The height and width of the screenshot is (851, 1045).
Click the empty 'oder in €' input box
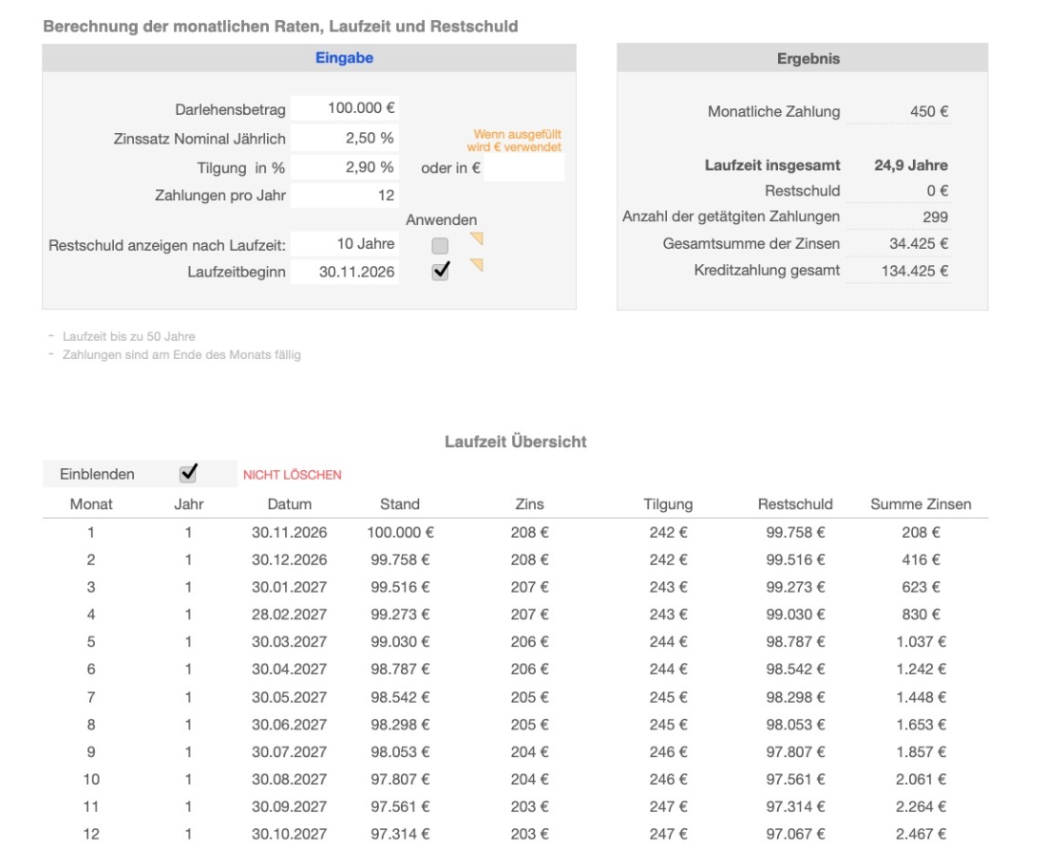(x=523, y=168)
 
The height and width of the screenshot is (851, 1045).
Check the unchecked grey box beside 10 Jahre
(x=440, y=245)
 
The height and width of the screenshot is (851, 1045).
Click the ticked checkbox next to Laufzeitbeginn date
(x=440, y=272)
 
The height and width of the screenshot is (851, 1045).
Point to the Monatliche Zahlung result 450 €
(x=929, y=111)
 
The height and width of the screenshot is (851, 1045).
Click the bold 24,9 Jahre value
(x=911, y=164)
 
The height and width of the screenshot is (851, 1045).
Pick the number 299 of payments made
(x=935, y=217)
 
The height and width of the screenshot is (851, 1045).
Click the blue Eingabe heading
(x=344, y=58)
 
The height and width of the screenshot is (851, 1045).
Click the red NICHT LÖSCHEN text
(x=292, y=475)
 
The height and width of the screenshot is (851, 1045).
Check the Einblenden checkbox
(x=188, y=473)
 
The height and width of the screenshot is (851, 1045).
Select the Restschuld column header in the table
(x=795, y=504)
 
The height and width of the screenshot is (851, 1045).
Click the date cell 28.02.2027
(x=289, y=615)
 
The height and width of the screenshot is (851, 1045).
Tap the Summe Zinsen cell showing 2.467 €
(x=921, y=834)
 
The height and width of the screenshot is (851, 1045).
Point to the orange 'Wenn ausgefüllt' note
(x=517, y=141)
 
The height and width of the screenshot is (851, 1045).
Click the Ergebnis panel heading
(x=802, y=58)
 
